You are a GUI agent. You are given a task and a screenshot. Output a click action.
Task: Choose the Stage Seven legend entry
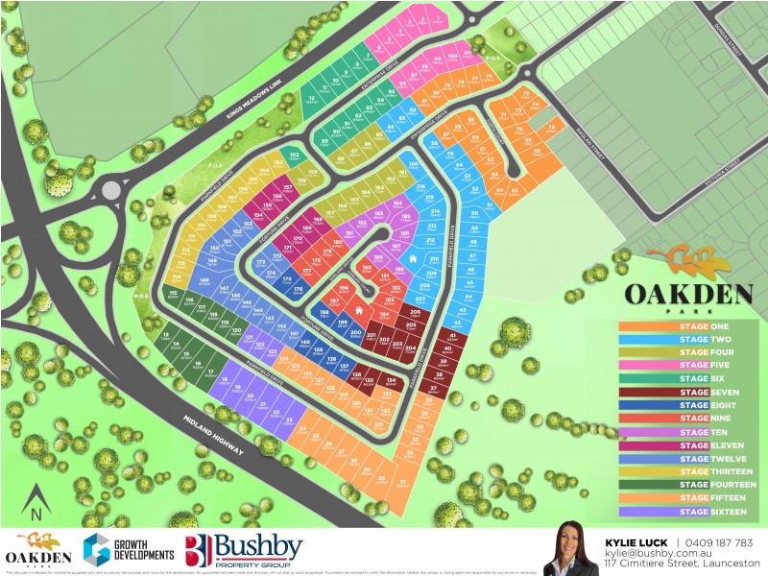pyautogui.click(x=684, y=392)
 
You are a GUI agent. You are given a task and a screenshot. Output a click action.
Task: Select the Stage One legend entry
pyautogui.click(x=684, y=326)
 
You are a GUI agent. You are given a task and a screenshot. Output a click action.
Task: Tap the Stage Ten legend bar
pyautogui.click(x=684, y=431)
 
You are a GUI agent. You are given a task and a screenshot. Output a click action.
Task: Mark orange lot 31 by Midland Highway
pyautogui.click(x=404, y=483)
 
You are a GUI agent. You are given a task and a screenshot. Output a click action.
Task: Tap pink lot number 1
pyautogui.click(x=438, y=20)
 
